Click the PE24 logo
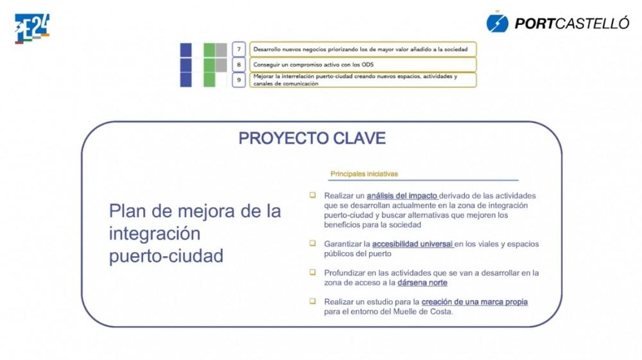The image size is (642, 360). point(32,28)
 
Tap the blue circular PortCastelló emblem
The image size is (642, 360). point(497,23)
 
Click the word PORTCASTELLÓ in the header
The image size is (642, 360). point(571,23)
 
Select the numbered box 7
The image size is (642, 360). point(239,49)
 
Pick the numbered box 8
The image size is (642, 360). point(239,65)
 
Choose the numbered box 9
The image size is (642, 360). point(239,80)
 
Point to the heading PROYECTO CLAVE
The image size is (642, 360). point(312,138)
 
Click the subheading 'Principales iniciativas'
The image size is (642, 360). point(364,174)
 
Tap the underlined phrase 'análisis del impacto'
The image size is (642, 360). point(402,196)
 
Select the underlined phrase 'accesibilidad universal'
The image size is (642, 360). point(412,244)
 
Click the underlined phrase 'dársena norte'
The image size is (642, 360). point(422,283)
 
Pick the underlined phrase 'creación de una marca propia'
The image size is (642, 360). point(474,302)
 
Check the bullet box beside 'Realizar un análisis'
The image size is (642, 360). point(313,195)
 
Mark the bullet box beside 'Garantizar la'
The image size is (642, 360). point(313,243)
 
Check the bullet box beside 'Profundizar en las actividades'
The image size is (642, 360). point(313,272)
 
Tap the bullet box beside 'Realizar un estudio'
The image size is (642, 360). point(313,301)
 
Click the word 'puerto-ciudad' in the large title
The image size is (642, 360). point(166,257)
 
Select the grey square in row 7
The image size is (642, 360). point(221,50)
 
